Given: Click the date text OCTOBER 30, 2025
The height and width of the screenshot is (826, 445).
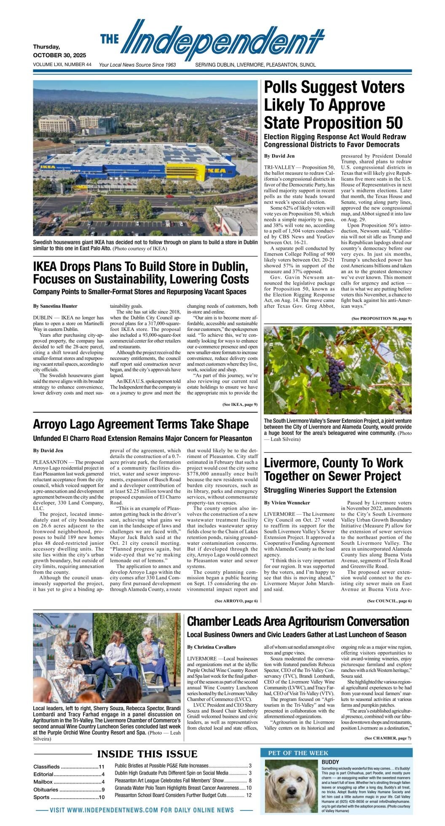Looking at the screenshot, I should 59,55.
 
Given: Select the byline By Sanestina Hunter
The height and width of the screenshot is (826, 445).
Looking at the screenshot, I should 55,306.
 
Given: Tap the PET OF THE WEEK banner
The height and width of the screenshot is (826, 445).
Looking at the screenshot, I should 298,753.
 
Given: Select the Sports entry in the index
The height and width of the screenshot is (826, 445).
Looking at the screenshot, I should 41,797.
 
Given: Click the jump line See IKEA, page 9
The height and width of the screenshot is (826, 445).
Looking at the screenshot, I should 240,405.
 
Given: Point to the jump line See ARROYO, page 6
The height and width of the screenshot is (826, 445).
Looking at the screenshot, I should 236,601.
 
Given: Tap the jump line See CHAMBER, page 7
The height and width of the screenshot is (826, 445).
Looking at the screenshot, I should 388,738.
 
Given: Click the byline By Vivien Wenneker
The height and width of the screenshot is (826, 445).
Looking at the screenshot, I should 287,503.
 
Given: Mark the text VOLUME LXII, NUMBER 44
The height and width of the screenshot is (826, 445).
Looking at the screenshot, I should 62,65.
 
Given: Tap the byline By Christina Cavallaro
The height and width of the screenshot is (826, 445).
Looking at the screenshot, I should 212,647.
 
